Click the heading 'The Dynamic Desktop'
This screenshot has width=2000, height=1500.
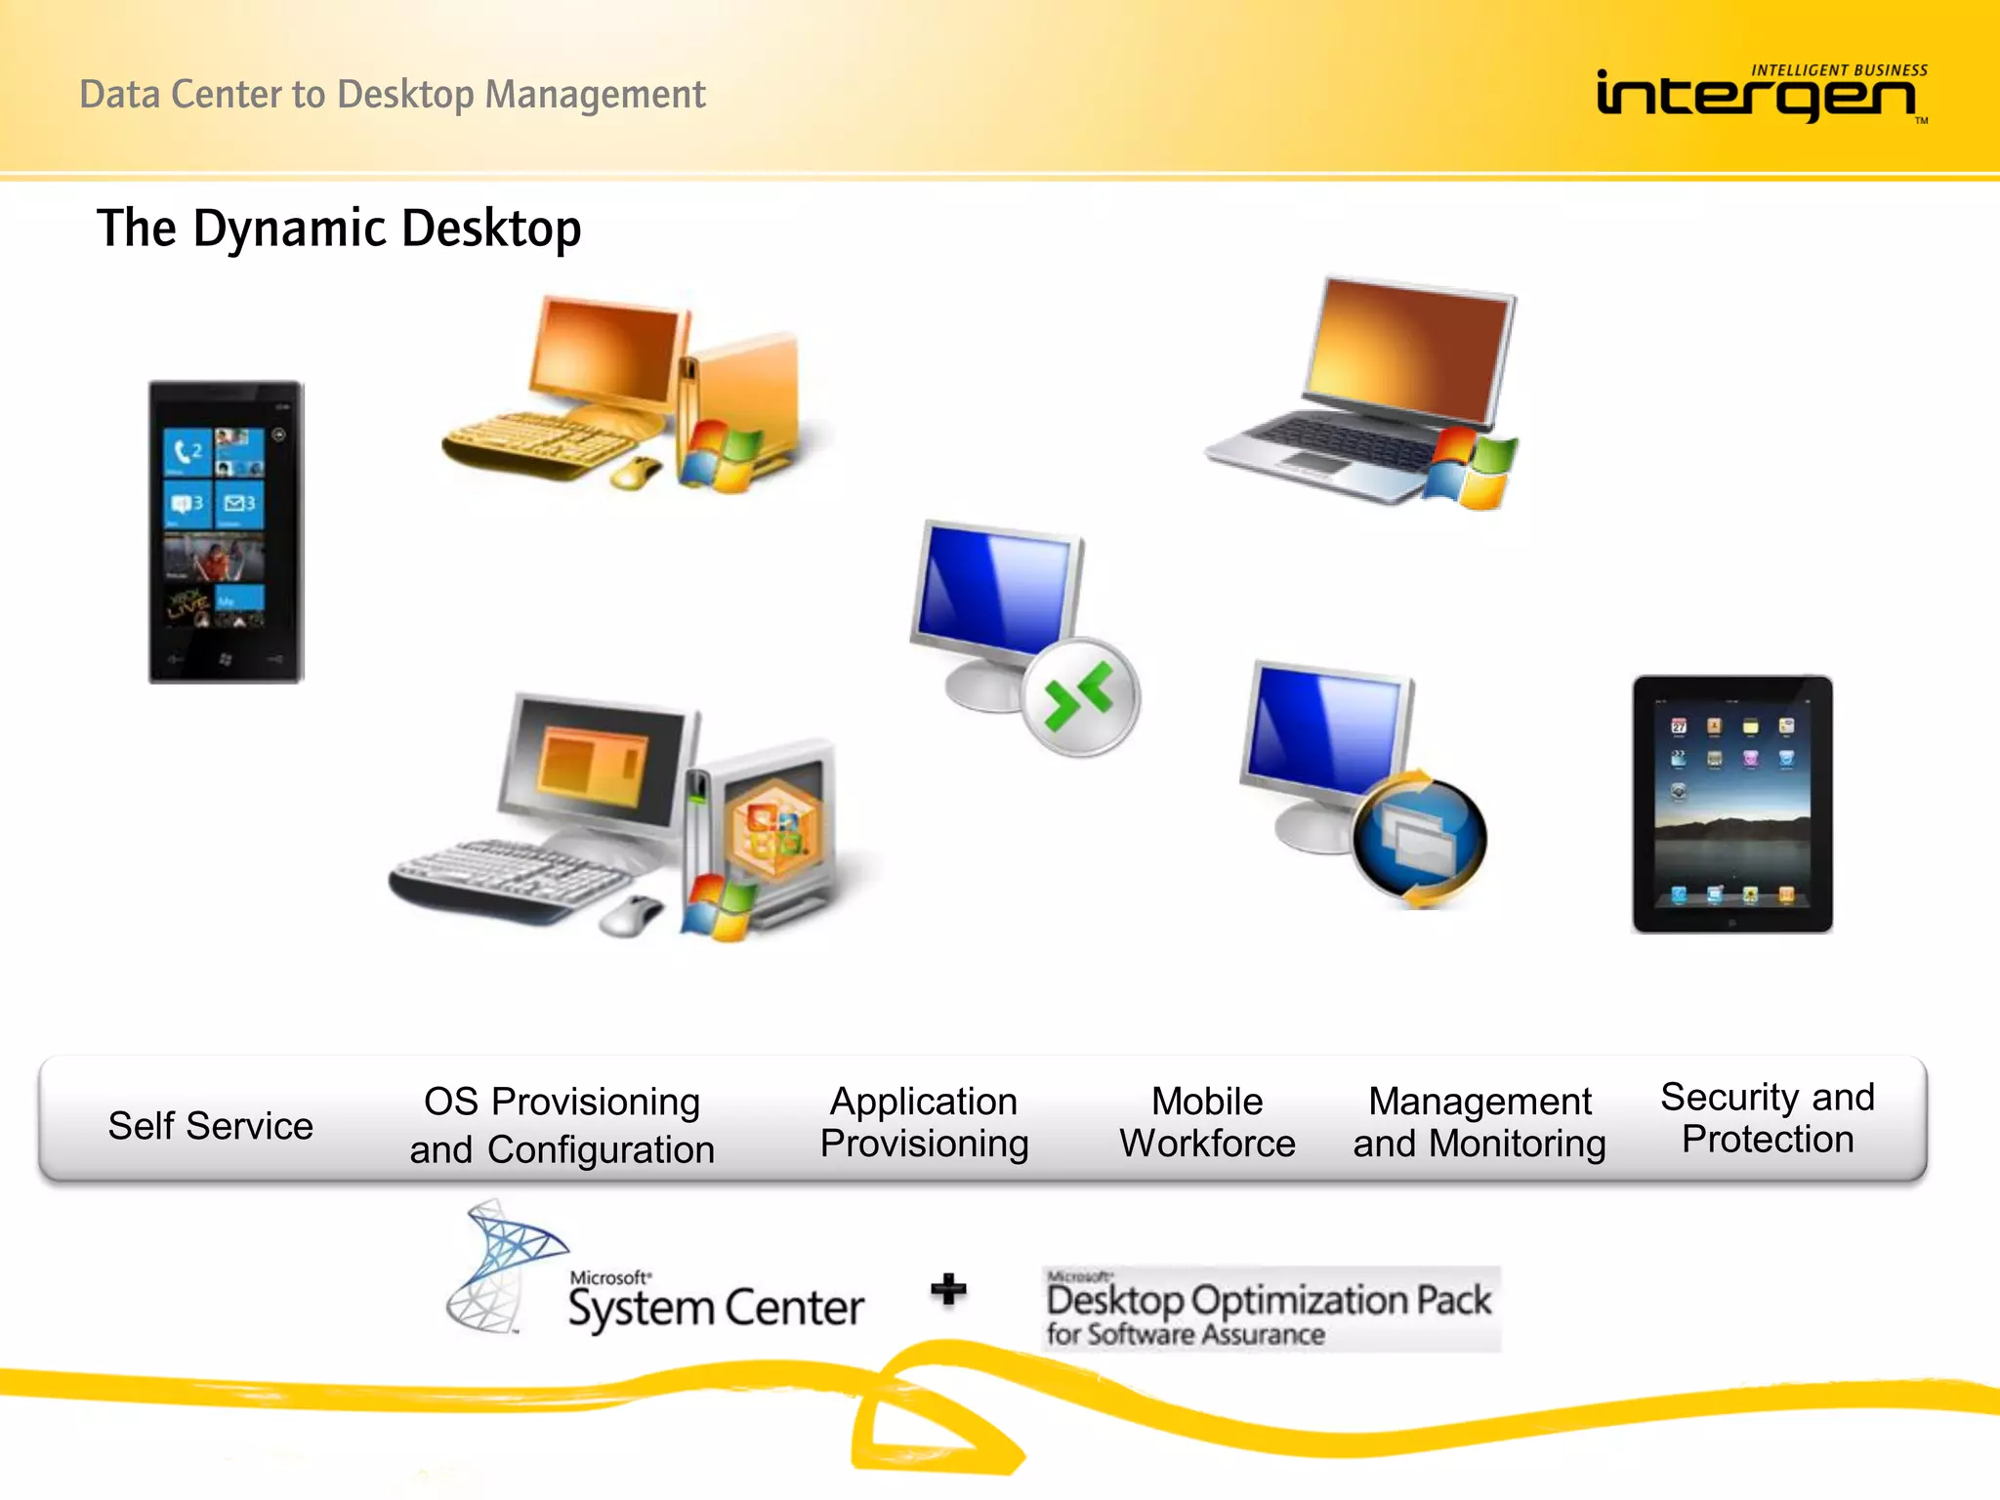(339, 229)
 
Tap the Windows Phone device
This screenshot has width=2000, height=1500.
(226, 532)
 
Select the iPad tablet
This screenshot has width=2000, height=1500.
(1731, 804)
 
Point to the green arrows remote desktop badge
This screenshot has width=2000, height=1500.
(1080, 696)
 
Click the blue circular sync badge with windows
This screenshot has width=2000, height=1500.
(1419, 838)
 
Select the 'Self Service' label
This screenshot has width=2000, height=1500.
(211, 1126)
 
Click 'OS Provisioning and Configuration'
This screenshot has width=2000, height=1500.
(562, 1125)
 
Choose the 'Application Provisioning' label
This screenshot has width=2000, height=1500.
(924, 1122)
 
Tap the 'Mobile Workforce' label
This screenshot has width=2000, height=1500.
(1207, 1122)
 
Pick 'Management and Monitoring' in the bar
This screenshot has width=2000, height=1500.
(1479, 1122)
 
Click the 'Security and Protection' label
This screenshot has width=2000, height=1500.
(1768, 1118)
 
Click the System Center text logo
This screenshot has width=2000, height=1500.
(716, 1305)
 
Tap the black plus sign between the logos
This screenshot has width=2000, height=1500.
(948, 1289)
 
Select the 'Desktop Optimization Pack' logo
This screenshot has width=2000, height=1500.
(1270, 1309)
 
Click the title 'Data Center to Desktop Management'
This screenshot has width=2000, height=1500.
(392, 95)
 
